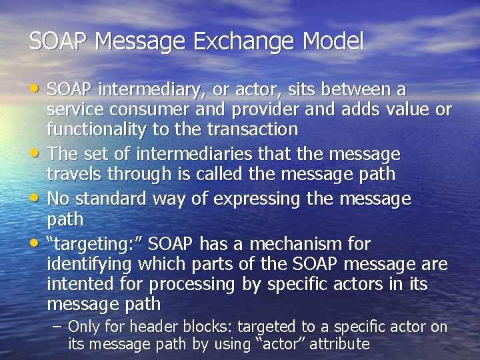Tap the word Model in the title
[333, 42]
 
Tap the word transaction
[253, 128]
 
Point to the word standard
[112, 199]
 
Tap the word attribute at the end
[336, 344]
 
